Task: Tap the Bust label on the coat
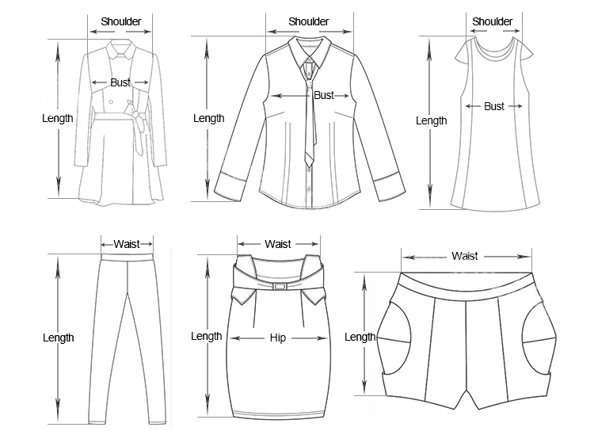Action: pos(120,82)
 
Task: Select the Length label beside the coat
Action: pos(58,119)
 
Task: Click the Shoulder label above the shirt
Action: pos(308,22)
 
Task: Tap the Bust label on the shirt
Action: pos(324,95)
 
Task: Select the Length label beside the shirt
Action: pos(209,119)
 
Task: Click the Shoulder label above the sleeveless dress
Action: pos(493,21)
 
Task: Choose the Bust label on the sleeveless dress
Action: pos(494,106)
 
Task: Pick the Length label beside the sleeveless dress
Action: pos(432,121)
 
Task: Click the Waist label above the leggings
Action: pos(127,245)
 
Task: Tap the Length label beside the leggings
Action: pos(58,338)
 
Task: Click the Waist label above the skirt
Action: pos(278,244)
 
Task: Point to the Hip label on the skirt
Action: pos(278,338)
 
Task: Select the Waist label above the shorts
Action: pos(465,256)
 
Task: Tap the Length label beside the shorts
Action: pos(360,338)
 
